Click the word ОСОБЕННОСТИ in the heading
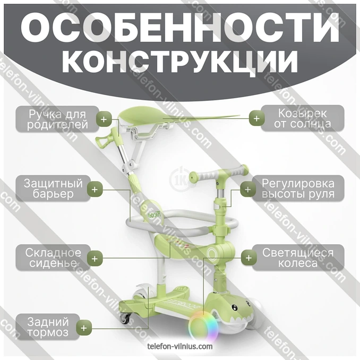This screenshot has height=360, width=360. click(180, 28)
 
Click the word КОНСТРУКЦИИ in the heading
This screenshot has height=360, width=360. click(180, 61)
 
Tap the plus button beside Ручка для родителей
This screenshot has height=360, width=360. click(104, 119)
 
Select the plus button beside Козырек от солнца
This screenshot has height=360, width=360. click(256, 118)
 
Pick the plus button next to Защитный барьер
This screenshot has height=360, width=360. click(95, 190)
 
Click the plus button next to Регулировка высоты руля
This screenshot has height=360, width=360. click(248, 190)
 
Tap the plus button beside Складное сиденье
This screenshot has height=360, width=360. click(95, 259)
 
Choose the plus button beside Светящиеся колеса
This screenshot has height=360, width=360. click(248, 258)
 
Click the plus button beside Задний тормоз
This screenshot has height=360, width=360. click(84, 328)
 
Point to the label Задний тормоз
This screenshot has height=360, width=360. click(48, 327)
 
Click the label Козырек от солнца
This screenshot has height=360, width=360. click(303, 118)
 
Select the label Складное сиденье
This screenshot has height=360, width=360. click(53, 258)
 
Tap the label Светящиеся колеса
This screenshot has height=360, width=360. click(298, 258)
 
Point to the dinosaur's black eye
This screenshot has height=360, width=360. click(234, 307)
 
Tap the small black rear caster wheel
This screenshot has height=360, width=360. click(125, 318)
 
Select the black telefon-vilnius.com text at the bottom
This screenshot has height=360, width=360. click(180, 346)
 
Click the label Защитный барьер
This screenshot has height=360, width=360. click(53, 188)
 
